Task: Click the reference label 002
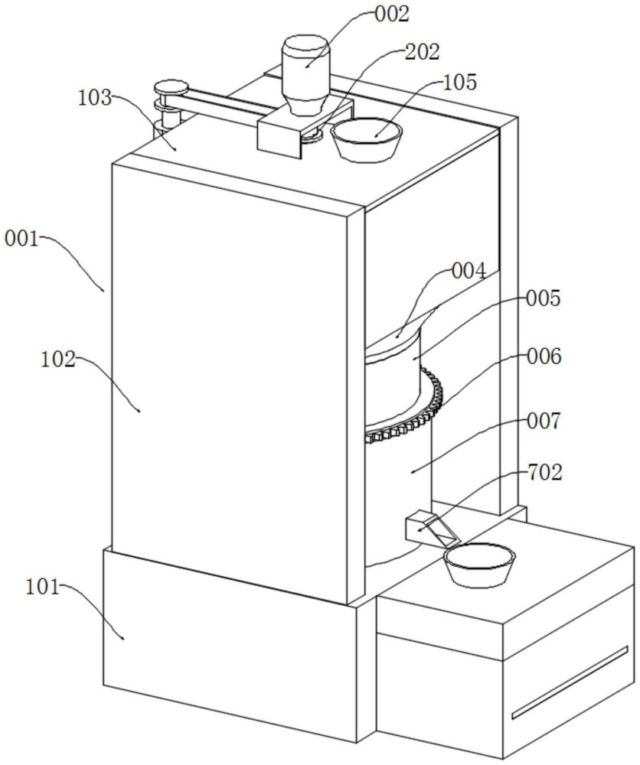[391, 14]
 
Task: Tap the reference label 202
[423, 51]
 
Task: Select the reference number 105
[459, 83]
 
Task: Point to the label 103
[95, 98]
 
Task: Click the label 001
[22, 239]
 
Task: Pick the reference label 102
[58, 360]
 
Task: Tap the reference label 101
[42, 587]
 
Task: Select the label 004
[469, 271]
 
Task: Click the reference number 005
[544, 298]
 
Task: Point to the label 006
[544, 356]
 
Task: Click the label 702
[545, 472]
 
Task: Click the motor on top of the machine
[305, 74]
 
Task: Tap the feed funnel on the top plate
[367, 139]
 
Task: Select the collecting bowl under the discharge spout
[479, 565]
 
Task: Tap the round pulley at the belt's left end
[171, 89]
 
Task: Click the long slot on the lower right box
[570, 683]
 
